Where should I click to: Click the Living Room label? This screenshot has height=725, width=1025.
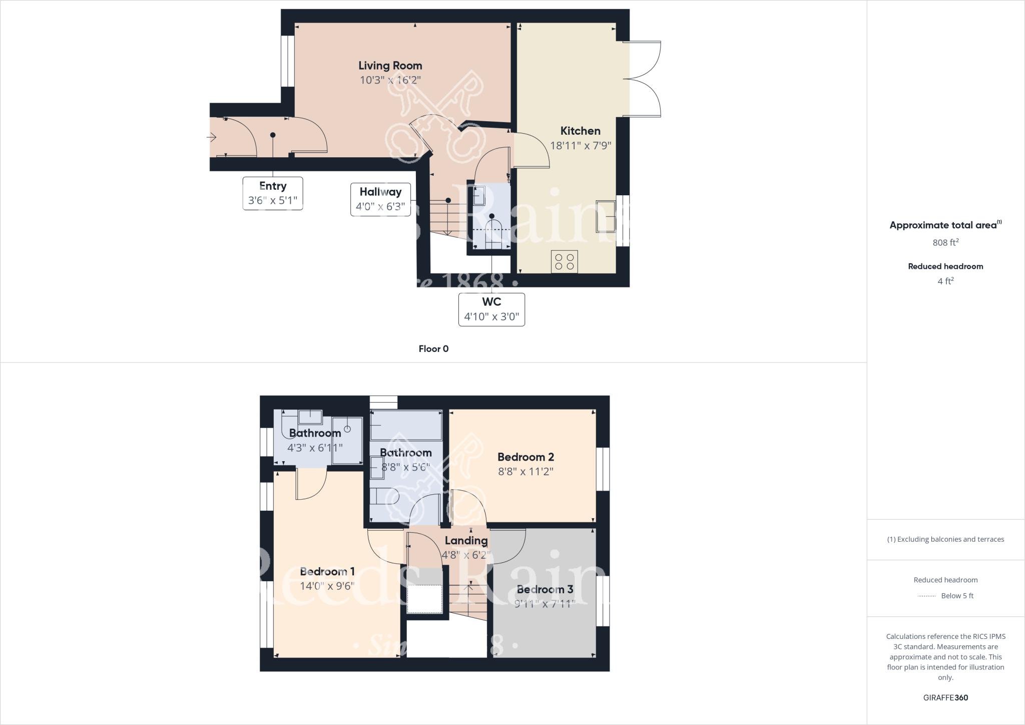coord(390,66)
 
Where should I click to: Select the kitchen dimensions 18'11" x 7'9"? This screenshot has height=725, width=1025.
coord(580,146)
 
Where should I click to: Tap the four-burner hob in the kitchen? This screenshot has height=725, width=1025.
coord(564,261)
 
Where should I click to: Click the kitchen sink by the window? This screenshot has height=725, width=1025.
coord(606,216)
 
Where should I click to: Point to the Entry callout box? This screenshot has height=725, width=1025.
coord(273,193)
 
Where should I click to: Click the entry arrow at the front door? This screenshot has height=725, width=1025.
coord(212,137)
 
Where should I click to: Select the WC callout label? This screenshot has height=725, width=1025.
coord(491,302)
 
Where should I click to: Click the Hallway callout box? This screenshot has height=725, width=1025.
coord(380,199)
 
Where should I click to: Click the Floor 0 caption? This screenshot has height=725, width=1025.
coord(433,349)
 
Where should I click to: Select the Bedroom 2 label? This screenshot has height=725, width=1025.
coord(526,457)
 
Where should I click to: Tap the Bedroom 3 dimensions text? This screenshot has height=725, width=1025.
coord(545,604)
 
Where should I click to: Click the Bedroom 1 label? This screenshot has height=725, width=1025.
coord(327,571)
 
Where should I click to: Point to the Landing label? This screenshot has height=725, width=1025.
coord(466,540)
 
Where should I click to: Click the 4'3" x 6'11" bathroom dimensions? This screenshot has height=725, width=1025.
coord(315,448)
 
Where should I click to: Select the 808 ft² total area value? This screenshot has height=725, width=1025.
coord(945,242)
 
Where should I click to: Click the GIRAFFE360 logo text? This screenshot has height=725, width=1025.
coord(945,697)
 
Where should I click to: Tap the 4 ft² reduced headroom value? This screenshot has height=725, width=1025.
coord(945,281)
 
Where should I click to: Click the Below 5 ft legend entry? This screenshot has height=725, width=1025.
coord(957,596)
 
